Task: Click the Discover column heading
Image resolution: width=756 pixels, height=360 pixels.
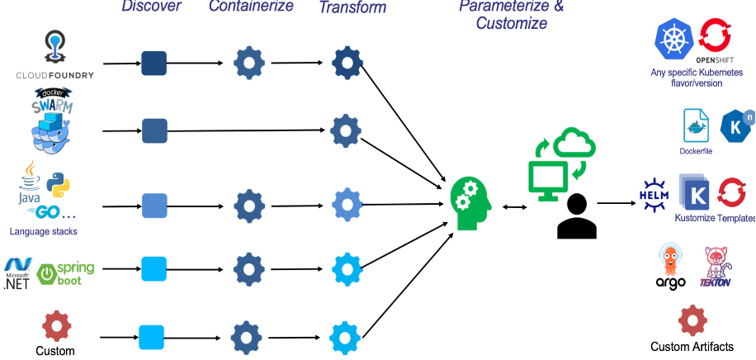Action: pyautogui.click(x=151, y=7)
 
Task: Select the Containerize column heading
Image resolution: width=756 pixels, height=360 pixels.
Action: pyautogui.click(x=251, y=7)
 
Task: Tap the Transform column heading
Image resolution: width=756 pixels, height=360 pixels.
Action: pyautogui.click(x=352, y=7)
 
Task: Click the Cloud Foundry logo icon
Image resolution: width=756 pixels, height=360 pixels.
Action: pyautogui.click(x=55, y=47)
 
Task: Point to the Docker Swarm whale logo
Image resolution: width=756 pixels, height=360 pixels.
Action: pyautogui.click(x=53, y=122)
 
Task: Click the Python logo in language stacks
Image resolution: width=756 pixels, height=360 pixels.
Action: pyautogui.click(x=55, y=183)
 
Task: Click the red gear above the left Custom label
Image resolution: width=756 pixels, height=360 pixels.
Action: pyautogui.click(x=56, y=326)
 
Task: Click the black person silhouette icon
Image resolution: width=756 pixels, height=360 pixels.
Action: pyautogui.click(x=577, y=216)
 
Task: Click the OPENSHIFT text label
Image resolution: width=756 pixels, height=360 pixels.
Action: pyautogui.click(x=715, y=60)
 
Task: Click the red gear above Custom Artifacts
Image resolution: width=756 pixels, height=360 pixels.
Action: pyautogui.click(x=692, y=321)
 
